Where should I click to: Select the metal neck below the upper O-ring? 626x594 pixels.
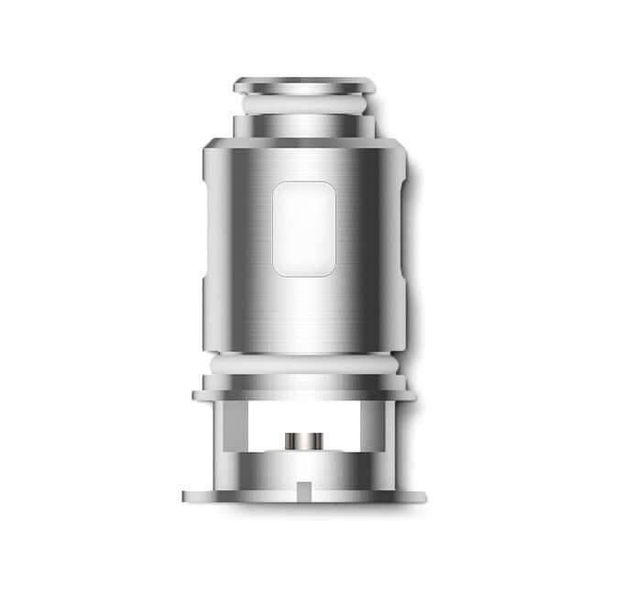[x=304, y=126]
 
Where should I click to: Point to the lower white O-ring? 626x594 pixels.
[x=304, y=363]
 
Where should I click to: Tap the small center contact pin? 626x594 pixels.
[x=304, y=441]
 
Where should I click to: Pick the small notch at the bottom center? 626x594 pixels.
[x=304, y=483]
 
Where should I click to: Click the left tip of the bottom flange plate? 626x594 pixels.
[x=187, y=497]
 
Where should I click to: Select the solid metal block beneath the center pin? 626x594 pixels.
[x=304, y=466]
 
